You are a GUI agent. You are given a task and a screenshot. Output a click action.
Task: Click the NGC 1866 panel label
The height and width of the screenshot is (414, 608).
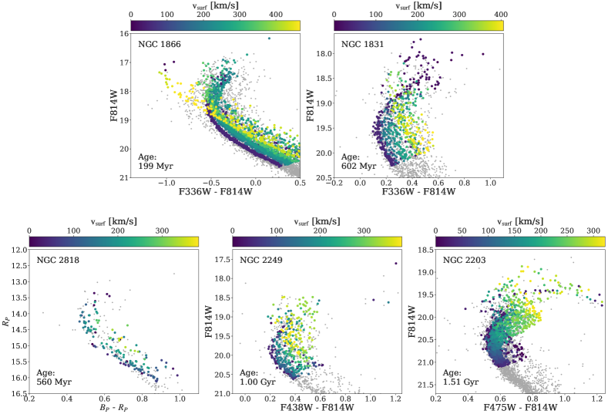160,44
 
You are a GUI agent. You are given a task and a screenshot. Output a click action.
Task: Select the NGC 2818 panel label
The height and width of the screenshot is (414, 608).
58,260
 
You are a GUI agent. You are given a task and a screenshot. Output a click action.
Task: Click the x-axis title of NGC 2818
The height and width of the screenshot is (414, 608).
114,409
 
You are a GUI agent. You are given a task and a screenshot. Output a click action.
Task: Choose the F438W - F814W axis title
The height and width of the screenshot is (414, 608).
317,409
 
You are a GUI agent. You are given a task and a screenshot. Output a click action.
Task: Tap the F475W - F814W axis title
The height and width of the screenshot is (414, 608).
520,409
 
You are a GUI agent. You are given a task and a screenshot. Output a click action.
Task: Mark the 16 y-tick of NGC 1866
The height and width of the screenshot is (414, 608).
123,34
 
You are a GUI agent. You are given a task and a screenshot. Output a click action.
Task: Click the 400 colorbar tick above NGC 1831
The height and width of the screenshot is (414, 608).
499,14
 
